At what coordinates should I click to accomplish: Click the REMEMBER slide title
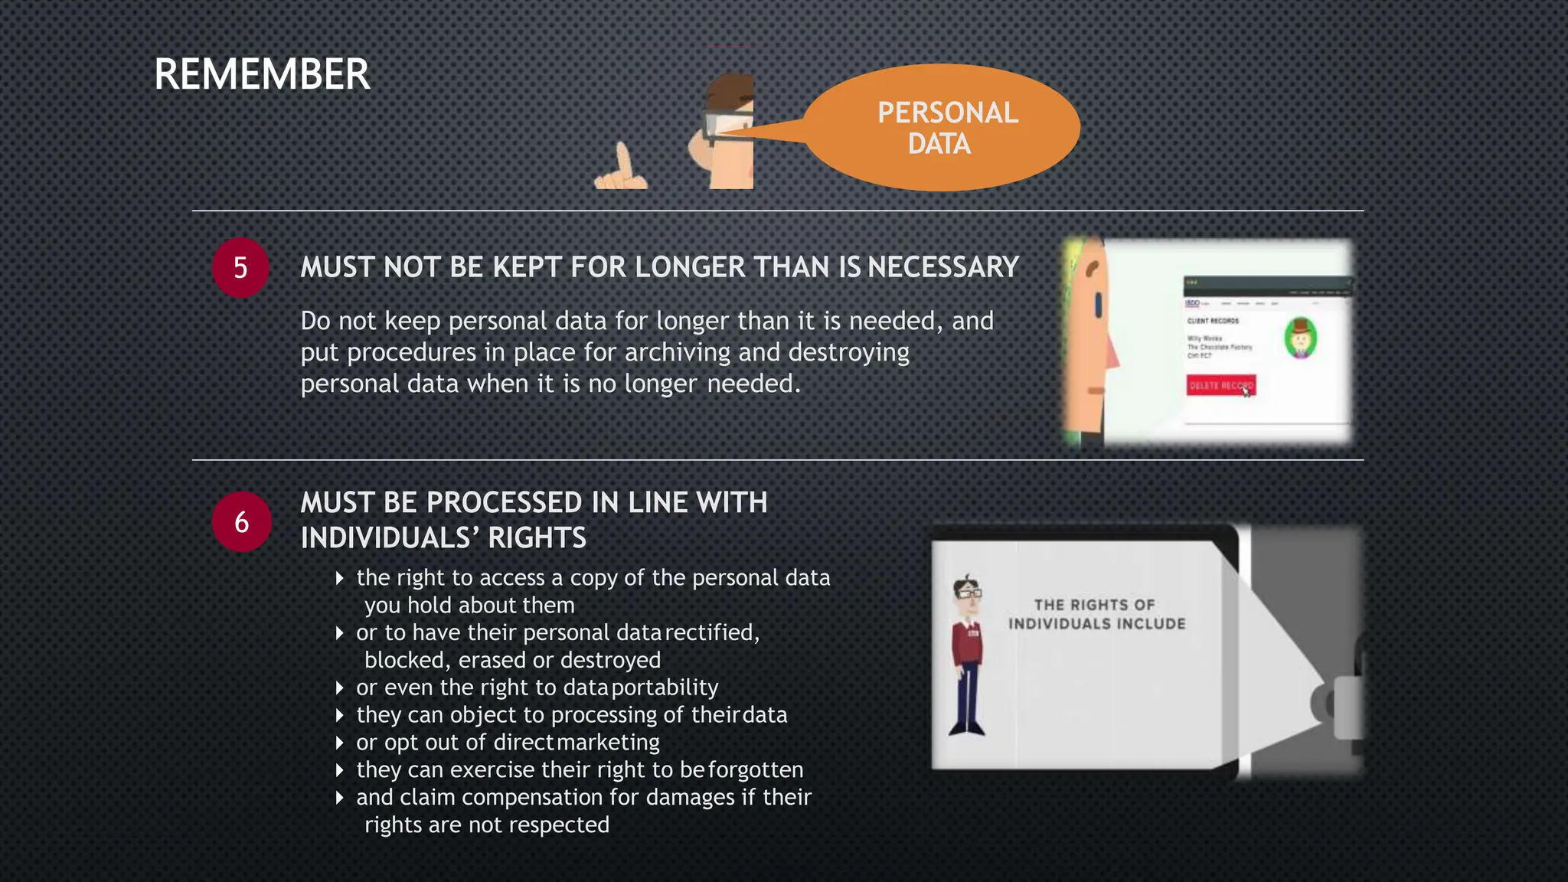[x=262, y=74]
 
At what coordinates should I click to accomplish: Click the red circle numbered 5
[x=240, y=268]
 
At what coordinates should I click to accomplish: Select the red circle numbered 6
[x=242, y=522]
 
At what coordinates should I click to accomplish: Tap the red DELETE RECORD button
[x=1220, y=385]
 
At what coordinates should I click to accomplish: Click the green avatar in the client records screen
[x=1300, y=338]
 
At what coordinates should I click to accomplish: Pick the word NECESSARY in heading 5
[x=943, y=267]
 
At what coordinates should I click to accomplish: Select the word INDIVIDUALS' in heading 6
[x=390, y=537]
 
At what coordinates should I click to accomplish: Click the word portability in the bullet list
[x=665, y=688]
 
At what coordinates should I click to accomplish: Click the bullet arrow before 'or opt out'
[x=340, y=743]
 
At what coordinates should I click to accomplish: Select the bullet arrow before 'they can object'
[x=340, y=715]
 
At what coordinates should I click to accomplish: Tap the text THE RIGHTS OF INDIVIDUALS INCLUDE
[x=1096, y=614]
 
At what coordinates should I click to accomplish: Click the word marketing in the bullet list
[x=608, y=743]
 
